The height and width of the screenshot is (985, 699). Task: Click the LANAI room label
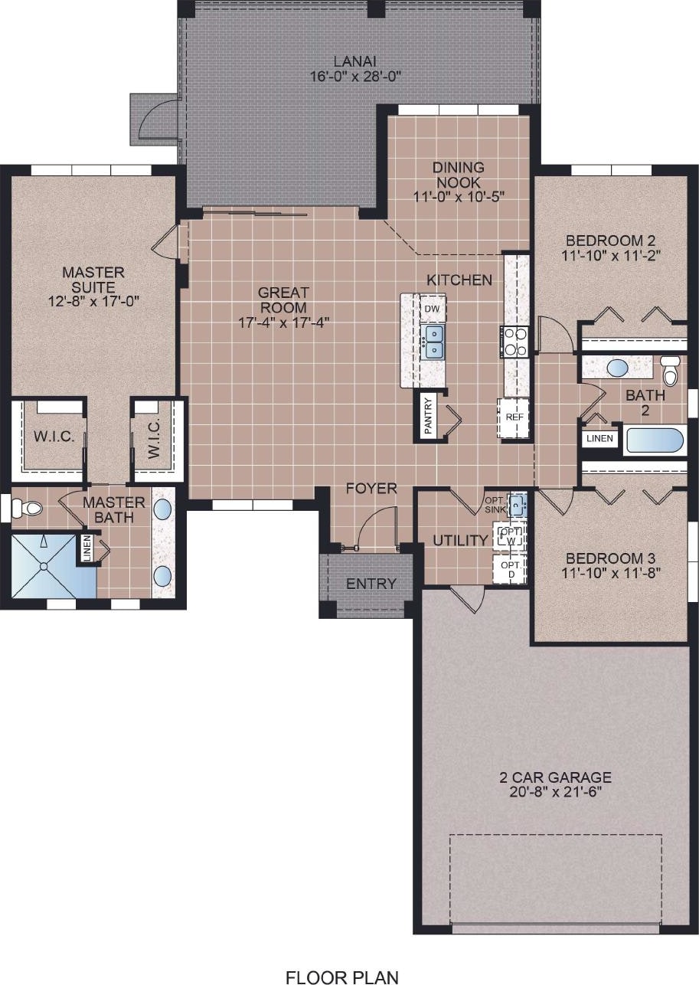(354, 61)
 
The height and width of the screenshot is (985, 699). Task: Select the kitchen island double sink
(433, 342)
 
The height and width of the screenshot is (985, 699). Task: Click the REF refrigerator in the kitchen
(514, 417)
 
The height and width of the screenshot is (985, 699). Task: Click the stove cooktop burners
(514, 342)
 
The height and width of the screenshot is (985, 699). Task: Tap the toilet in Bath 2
(670, 371)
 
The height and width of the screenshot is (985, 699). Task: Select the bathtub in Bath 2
(655, 440)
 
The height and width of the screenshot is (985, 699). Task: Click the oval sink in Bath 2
(617, 368)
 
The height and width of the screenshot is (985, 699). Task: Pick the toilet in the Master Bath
(28, 509)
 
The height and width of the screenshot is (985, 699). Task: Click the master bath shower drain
(44, 567)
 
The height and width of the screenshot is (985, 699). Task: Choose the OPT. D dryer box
(510, 569)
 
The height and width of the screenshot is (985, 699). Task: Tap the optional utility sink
(518, 506)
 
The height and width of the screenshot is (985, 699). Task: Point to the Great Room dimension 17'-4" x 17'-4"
(284, 323)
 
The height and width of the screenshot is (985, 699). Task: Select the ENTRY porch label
(371, 584)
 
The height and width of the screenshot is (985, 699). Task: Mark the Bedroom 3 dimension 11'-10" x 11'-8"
(611, 573)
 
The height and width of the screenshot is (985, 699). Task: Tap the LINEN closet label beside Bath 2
(599, 438)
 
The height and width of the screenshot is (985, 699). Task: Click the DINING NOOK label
(458, 175)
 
